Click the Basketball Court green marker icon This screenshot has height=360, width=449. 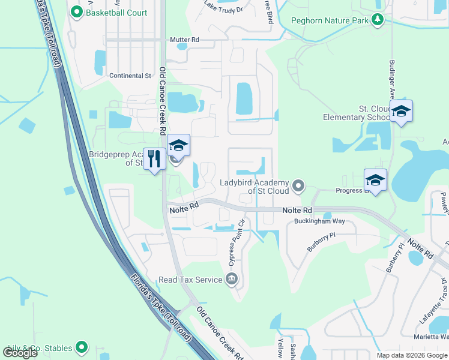click(76, 12)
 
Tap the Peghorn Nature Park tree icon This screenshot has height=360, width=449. click(377, 20)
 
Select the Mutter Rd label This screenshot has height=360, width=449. click(184, 40)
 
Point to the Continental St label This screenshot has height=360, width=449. click(130, 76)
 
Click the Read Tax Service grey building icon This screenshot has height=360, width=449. click(232, 279)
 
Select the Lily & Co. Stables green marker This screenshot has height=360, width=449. click(82, 347)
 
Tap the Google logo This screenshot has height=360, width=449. click(20, 352)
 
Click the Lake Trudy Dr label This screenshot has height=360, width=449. click(223, 8)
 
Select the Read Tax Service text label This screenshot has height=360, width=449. click(190, 280)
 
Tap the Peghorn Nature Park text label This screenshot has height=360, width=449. click(330, 20)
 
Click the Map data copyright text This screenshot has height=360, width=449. click(411, 355)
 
